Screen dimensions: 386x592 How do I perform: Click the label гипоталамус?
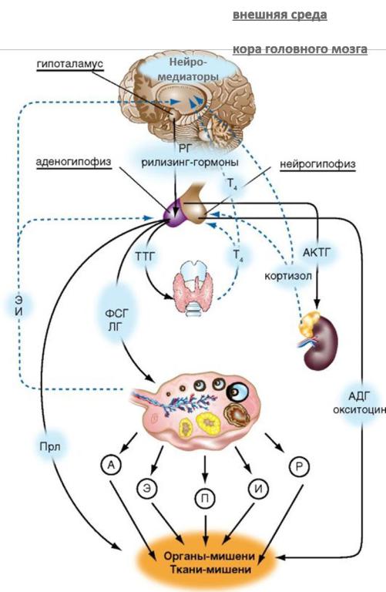coord(70,63)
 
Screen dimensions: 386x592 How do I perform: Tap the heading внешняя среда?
coord(280,15)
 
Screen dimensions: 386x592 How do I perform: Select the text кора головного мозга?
coord(300,49)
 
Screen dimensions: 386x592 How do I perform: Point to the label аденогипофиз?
coord(73,162)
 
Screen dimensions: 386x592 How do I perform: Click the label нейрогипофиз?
coord(317,164)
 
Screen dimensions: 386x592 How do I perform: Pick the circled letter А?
coord(111,464)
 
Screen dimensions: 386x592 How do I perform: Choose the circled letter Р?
coord(299,466)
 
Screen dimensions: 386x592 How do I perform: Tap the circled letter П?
coord(205,499)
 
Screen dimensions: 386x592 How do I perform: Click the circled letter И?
coord(258,488)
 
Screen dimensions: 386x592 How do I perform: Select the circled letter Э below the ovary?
coord(147,487)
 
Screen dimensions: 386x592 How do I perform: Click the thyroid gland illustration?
coord(193,286)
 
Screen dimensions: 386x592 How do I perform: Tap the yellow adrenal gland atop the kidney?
coord(310,323)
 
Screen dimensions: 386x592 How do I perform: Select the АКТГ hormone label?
coord(317,252)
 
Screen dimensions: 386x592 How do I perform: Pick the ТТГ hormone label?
coord(146,257)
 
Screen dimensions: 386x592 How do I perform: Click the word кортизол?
coord(288,276)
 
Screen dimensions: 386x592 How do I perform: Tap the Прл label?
coord(50,446)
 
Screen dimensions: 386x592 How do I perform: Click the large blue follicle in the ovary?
coord(239,392)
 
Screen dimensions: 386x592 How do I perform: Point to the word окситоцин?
coord(359,410)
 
